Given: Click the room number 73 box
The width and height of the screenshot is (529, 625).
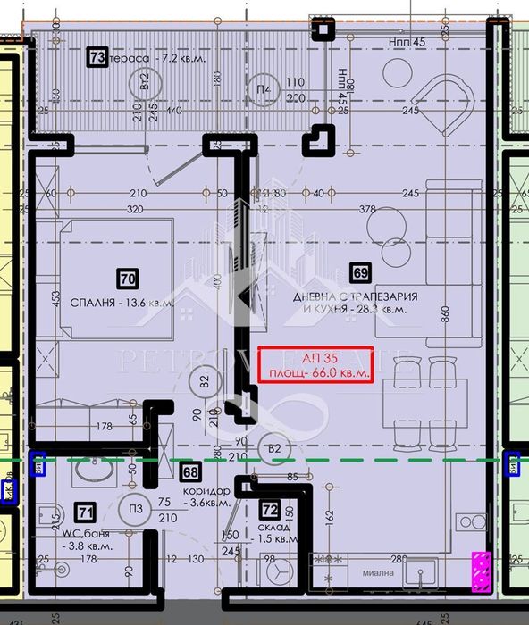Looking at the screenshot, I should (x=97, y=58).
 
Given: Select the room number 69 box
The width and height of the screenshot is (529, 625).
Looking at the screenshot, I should (x=361, y=273).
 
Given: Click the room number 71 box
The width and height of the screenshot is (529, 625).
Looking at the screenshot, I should (x=85, y=512).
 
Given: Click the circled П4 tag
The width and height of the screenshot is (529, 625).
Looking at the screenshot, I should (x=263, y=89).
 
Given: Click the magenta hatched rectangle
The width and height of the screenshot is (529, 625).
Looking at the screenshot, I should (x=482, y=571).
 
